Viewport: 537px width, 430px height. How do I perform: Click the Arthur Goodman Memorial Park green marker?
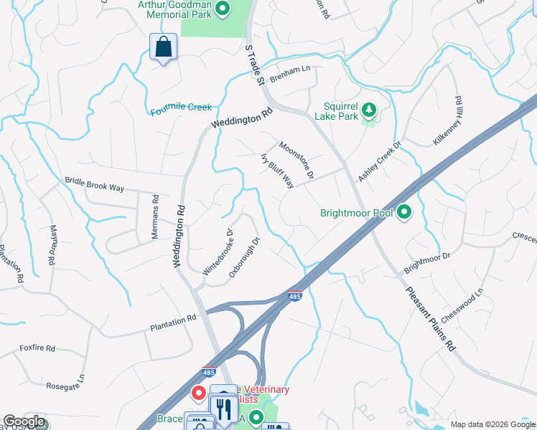click(223, 9)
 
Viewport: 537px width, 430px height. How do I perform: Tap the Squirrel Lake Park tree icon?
click(369, 110)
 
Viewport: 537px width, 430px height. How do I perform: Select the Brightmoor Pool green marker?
click(404, 212)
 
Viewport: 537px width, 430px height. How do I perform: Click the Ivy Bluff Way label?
click(277, 170)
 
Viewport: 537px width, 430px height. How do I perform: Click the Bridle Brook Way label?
click(95, 184)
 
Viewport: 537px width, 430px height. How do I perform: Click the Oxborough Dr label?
click(243, 258)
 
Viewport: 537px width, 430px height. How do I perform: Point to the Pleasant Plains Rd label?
click(431, 318)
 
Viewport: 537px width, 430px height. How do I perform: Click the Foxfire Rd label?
click(37, 348)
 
